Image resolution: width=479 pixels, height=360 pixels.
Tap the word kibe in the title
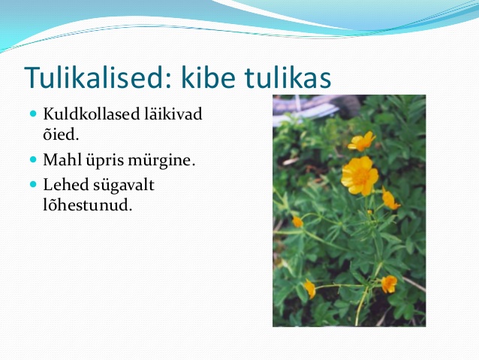(208, 77)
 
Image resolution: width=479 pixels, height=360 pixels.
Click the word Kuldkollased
(92, 113)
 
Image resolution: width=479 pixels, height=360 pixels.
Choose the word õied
(61, 134)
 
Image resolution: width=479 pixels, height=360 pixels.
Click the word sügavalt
(124, 186)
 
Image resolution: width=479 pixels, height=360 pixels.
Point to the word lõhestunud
(87, 205)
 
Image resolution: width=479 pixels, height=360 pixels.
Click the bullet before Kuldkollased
(33, 114)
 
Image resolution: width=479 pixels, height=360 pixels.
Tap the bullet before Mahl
(33, 159)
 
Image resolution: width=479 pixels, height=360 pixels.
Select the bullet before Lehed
(33, 184)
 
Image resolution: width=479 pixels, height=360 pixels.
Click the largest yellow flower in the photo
(360, 176)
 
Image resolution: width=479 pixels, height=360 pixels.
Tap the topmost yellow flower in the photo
(362, 141)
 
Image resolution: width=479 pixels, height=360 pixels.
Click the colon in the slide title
(169, 80)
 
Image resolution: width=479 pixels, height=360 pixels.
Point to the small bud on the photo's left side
(297, 222)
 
